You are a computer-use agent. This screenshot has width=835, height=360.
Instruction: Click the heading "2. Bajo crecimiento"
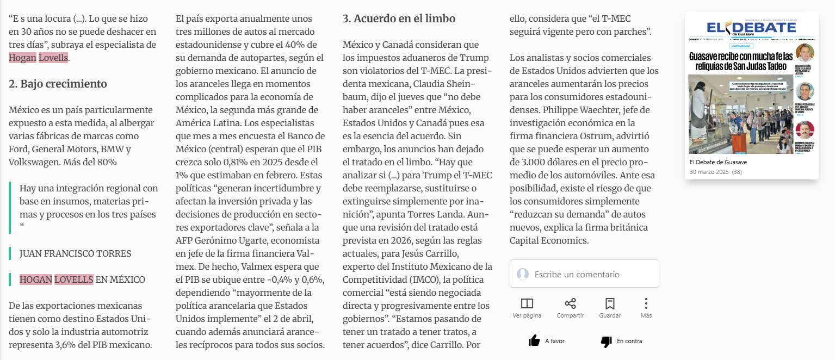click(x=58, y=84)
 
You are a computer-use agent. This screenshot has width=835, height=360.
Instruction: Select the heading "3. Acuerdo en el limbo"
click(x=399, y=18)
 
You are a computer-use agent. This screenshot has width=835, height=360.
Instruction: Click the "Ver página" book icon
click(x=527, y=303)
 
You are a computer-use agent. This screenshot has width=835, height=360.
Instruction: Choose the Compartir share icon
click(x=570, y=303)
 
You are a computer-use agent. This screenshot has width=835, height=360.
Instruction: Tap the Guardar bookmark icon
click(x=610, y=303)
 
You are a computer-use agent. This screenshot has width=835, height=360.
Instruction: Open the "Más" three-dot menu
click(x=646, y=303)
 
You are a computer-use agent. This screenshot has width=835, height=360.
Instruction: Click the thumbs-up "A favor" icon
click(x=534, y=341)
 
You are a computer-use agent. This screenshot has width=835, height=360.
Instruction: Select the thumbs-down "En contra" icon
click(x=606, y=341)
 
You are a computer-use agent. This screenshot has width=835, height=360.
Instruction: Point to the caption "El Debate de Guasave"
click(x=718, y=162)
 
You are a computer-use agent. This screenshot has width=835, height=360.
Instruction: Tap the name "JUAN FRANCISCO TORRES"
click(x=75, y=253)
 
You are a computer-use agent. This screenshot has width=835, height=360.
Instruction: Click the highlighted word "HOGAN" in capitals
click(x=35, y=280)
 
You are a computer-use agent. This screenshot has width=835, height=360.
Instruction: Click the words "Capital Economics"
click(x=549, y=240)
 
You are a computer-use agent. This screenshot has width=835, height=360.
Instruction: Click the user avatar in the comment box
click(x=523, y=274)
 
